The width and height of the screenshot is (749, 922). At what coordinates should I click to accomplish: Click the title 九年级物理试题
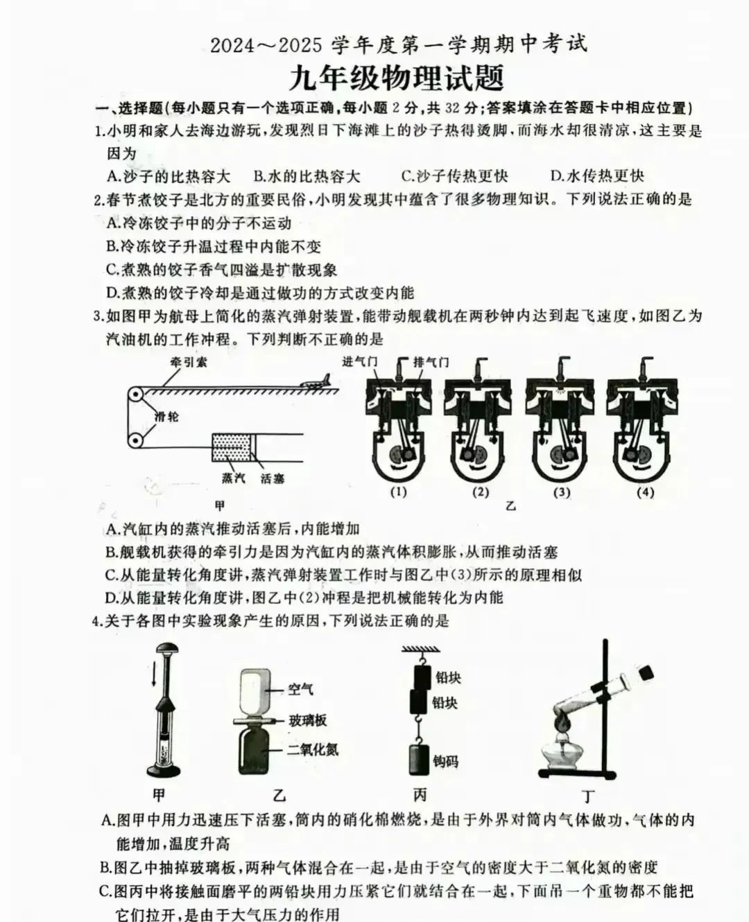(x=397, y=78)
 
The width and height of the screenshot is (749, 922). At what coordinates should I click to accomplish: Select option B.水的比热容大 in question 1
(x=307, y=176)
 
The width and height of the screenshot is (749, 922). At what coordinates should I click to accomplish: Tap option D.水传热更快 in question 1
(x=597, y=176)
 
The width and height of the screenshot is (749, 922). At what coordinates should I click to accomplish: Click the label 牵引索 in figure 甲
(x=189, y=361)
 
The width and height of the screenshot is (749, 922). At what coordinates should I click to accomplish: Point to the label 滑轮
(x=166, y=416)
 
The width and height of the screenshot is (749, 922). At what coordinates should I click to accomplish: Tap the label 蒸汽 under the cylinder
(x=233, y=478)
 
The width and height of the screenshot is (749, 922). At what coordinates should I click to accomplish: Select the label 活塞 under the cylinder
(x=273, y=478)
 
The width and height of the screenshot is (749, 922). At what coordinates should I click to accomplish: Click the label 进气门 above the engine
(x=359, y=361)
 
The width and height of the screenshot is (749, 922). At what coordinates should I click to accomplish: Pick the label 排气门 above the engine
(x=431, y=362)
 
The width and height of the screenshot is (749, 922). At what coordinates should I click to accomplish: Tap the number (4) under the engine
(x=645, y=493)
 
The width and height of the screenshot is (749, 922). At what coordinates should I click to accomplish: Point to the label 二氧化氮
(x=313, y=749)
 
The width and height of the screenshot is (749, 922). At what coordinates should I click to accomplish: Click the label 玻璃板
(x=307, y=720)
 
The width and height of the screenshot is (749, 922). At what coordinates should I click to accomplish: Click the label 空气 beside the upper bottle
(x=300, y=689)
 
